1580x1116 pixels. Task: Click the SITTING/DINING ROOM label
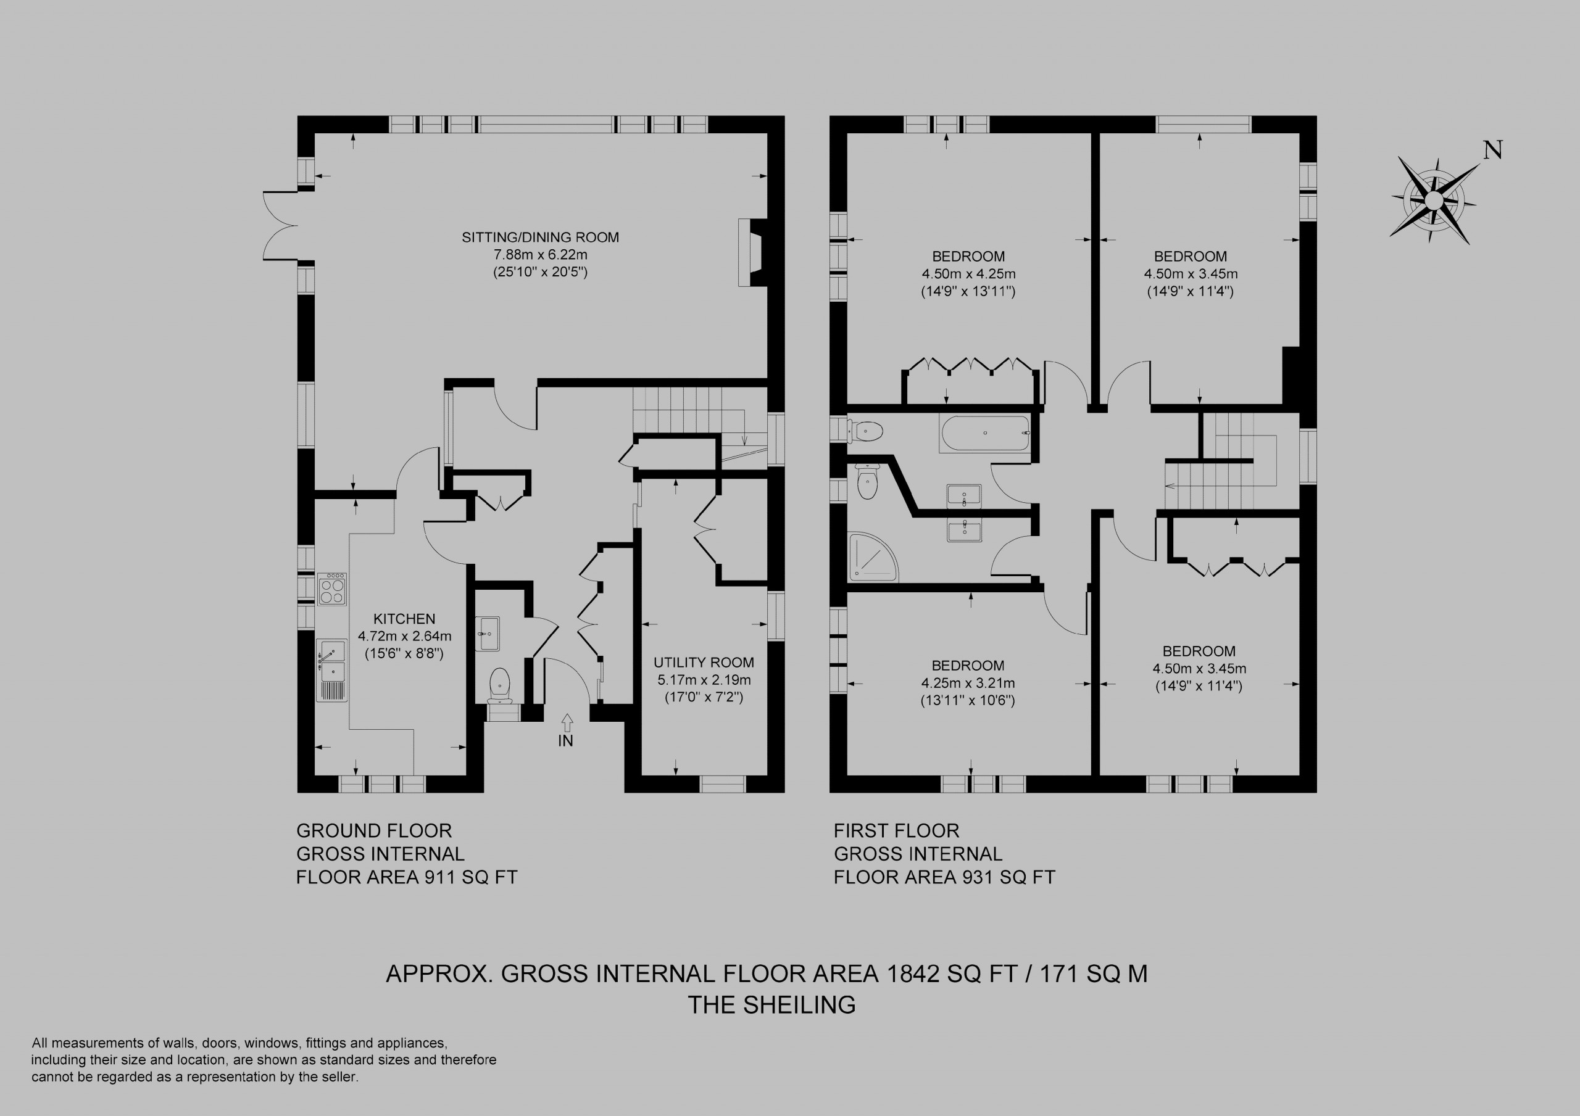(x=540, y=238)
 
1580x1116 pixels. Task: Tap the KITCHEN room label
(x=405, y=619)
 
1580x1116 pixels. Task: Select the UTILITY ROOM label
(x=704, y=663)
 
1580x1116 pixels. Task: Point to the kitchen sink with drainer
(x=331, y=669)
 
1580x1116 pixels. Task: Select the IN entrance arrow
(x=567, y=722)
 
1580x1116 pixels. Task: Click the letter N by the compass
(x=1492, y=150)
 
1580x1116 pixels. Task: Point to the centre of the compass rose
(x=1434, y=201)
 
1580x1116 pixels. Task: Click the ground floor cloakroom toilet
(x=499, y=685)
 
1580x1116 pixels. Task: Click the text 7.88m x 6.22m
(x=540, y=255)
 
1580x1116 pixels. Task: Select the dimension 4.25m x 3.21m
(x=968, y=683)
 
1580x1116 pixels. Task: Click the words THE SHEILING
(x=772, y=1005)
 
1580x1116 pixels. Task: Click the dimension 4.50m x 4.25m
(x=969, y=274)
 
